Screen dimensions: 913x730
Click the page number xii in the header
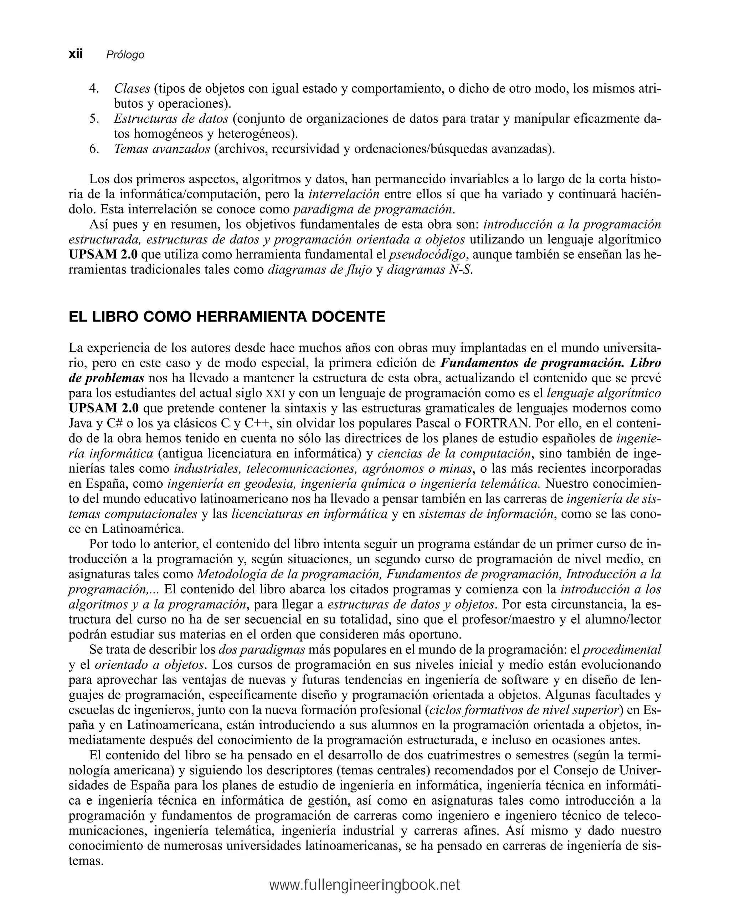point(76,54)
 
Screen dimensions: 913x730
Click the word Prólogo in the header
point(125,55)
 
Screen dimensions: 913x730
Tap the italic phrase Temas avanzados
point(162,149)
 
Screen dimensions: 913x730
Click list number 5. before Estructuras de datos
point(94,119)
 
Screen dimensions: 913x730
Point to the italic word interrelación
point(344,194)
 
